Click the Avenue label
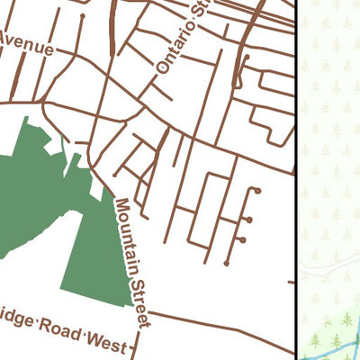tap(26, 44)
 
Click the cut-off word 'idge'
tap(15, 322)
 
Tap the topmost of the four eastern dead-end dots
tap(257, 191)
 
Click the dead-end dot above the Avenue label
tap(82, 15)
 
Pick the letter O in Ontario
tap(162, 68)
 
